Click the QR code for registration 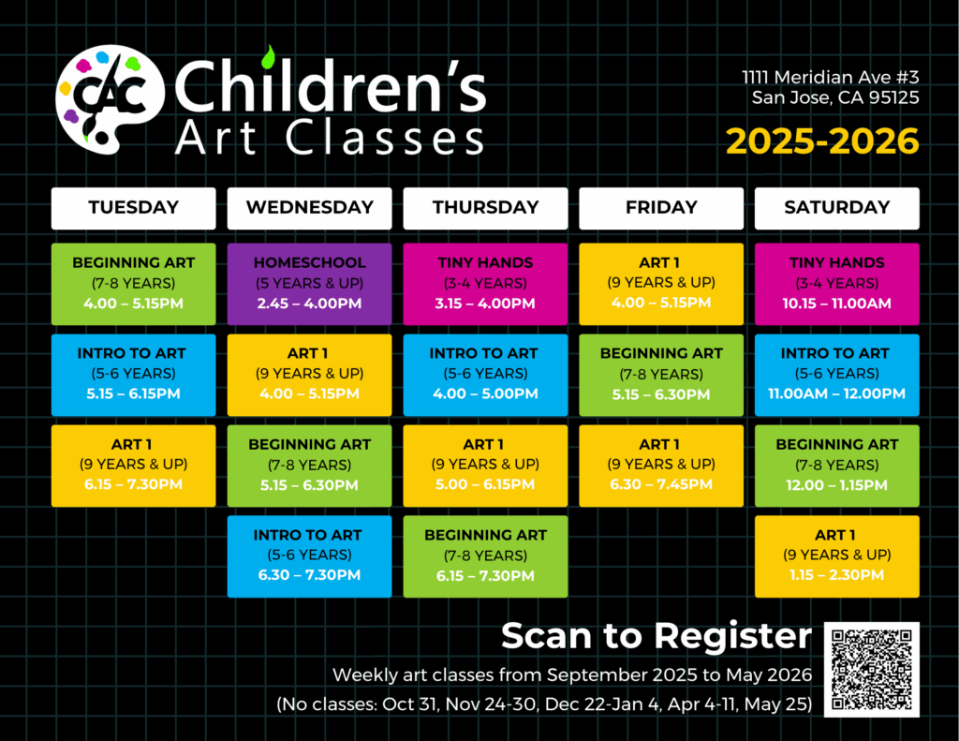(x=872, y=670)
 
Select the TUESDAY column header (x=133, y=208)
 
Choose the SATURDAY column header (x=836, y=208)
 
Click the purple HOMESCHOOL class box (x=309, y=284)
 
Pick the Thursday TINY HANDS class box (x=486, y=284)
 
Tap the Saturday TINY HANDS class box (x=836, y=284)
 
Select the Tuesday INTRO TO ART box (x=133, y=375)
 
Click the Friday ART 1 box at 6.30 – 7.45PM (x=661, y=466)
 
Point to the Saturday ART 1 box (x=836, y=556)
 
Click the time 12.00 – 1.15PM (x=836, y=485)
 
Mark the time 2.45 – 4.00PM (x=309, y=304)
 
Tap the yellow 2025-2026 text (x=822, y=141)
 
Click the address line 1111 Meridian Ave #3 (x=831, y=77)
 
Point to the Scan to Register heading (x=657, y=636)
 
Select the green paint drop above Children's (x=268, y=57)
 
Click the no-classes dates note (x=544, y=704)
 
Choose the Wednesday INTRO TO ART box (x=309, y=556)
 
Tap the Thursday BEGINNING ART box (x=486, y=556)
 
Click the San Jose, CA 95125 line (x=835, y=98)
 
